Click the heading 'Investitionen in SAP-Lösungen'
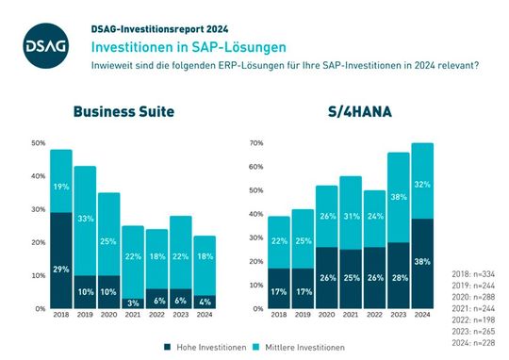tap(177, 45)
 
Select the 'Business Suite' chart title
tap(124, 111)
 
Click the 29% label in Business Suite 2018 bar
tap(60, 270)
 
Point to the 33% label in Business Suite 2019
tap(85, 220)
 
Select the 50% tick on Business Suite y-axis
tap(38, 143)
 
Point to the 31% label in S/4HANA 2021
tap(349, 218)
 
